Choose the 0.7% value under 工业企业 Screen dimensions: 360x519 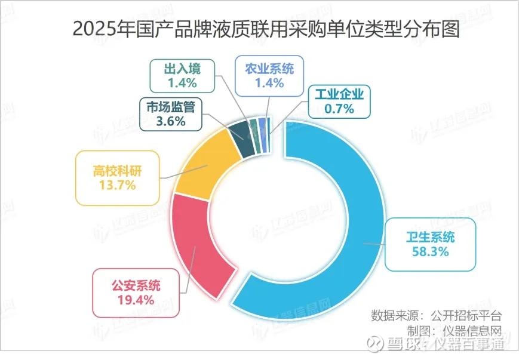[339, 109]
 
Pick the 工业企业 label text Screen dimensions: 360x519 [339, 94]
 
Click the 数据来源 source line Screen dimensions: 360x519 [437, 315]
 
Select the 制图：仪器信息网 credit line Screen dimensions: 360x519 [453, 330]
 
